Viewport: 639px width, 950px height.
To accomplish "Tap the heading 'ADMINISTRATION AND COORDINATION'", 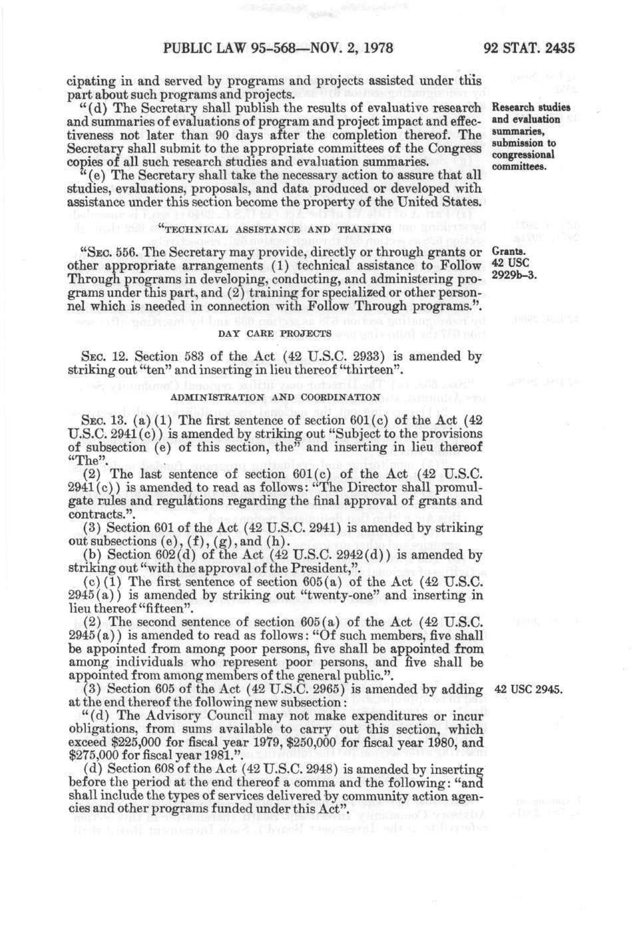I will click(276, 397).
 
